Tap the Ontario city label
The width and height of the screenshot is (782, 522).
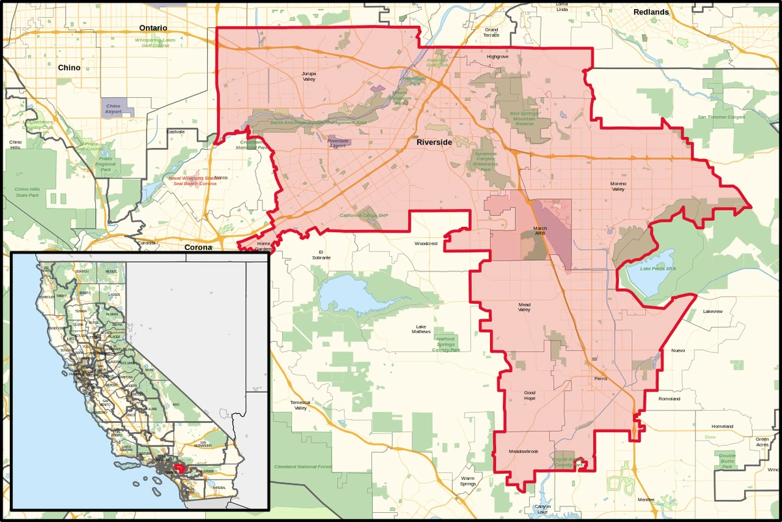pyautogui.click(x=153, y=28)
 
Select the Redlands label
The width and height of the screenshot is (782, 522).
pyautogui.click(x=650, y=12)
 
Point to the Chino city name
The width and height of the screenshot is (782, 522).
pyautogui.click(x=69, y=68)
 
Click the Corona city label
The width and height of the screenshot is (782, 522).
pyautogui.click(x=198, y=248)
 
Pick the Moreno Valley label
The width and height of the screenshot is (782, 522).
pyautogui.click(x=618, y=186)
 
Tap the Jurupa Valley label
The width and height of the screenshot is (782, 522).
pyautogui.click(x=309, y=76)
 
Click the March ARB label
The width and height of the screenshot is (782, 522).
pyautogui.click(x=540, y=230)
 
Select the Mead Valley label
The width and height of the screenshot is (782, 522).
pyautogui.click(x=524, y=307)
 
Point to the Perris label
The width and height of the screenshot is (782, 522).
pyautogui.click(x=601, y=379)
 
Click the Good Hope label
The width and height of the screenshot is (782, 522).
pyautogui.click(x=530, y=395)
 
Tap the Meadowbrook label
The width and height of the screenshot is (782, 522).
pyautogui.click(x=523, y=451)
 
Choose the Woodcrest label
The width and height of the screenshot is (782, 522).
pyautogui.click(x=426, y=244)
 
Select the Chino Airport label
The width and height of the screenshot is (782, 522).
pyautogui.click(x=113, y=108)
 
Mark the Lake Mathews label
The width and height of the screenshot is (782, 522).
pyautogui.click(x=422, y=329)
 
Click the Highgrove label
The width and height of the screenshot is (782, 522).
pyautogui.click(x=497, y=57)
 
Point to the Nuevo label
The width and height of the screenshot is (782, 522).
pyautogui.click(x=678, y=351)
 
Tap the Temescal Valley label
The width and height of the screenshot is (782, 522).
pyautogui.click(x=300, y=405)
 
